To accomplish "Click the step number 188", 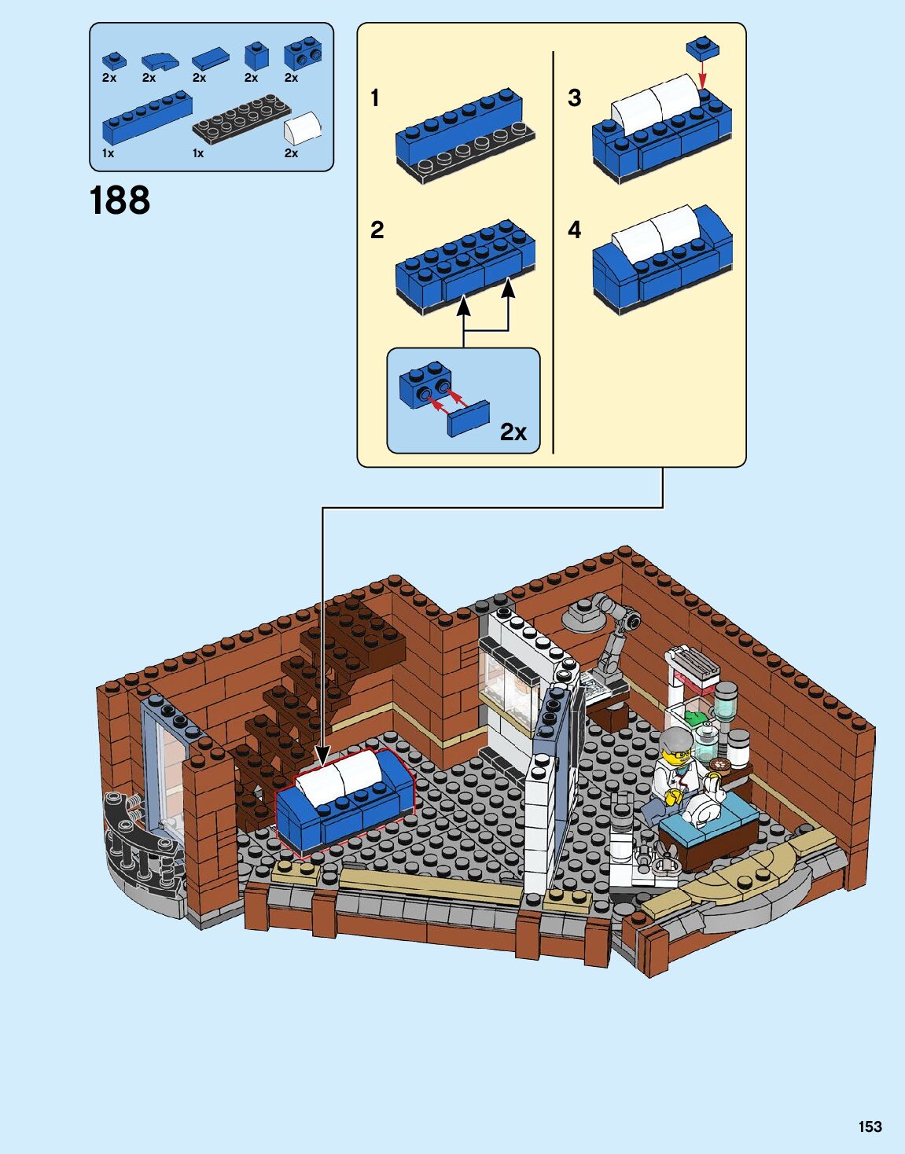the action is click(120, 200).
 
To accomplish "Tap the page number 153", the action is click(870, 1126).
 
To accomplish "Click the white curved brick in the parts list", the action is click(303, 127).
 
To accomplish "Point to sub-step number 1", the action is click(375, 98).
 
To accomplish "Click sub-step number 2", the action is click(377, 230).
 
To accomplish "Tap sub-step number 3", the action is click(574, 98).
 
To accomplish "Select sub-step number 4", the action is click(574, 230).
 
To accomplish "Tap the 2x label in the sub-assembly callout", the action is click(513, 432).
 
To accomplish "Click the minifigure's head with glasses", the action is click(677, 747).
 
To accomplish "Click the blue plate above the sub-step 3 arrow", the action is click(702, 47).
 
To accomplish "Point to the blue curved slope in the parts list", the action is click(160, 61).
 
